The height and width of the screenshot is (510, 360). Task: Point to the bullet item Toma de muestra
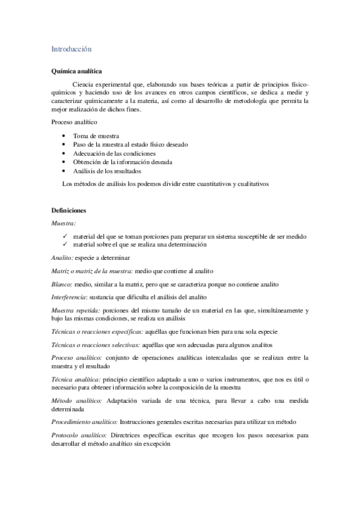pyautogui.click(x=96, y=136)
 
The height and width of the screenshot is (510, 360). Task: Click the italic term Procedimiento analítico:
pyautogui.click(x=85, y=422)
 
